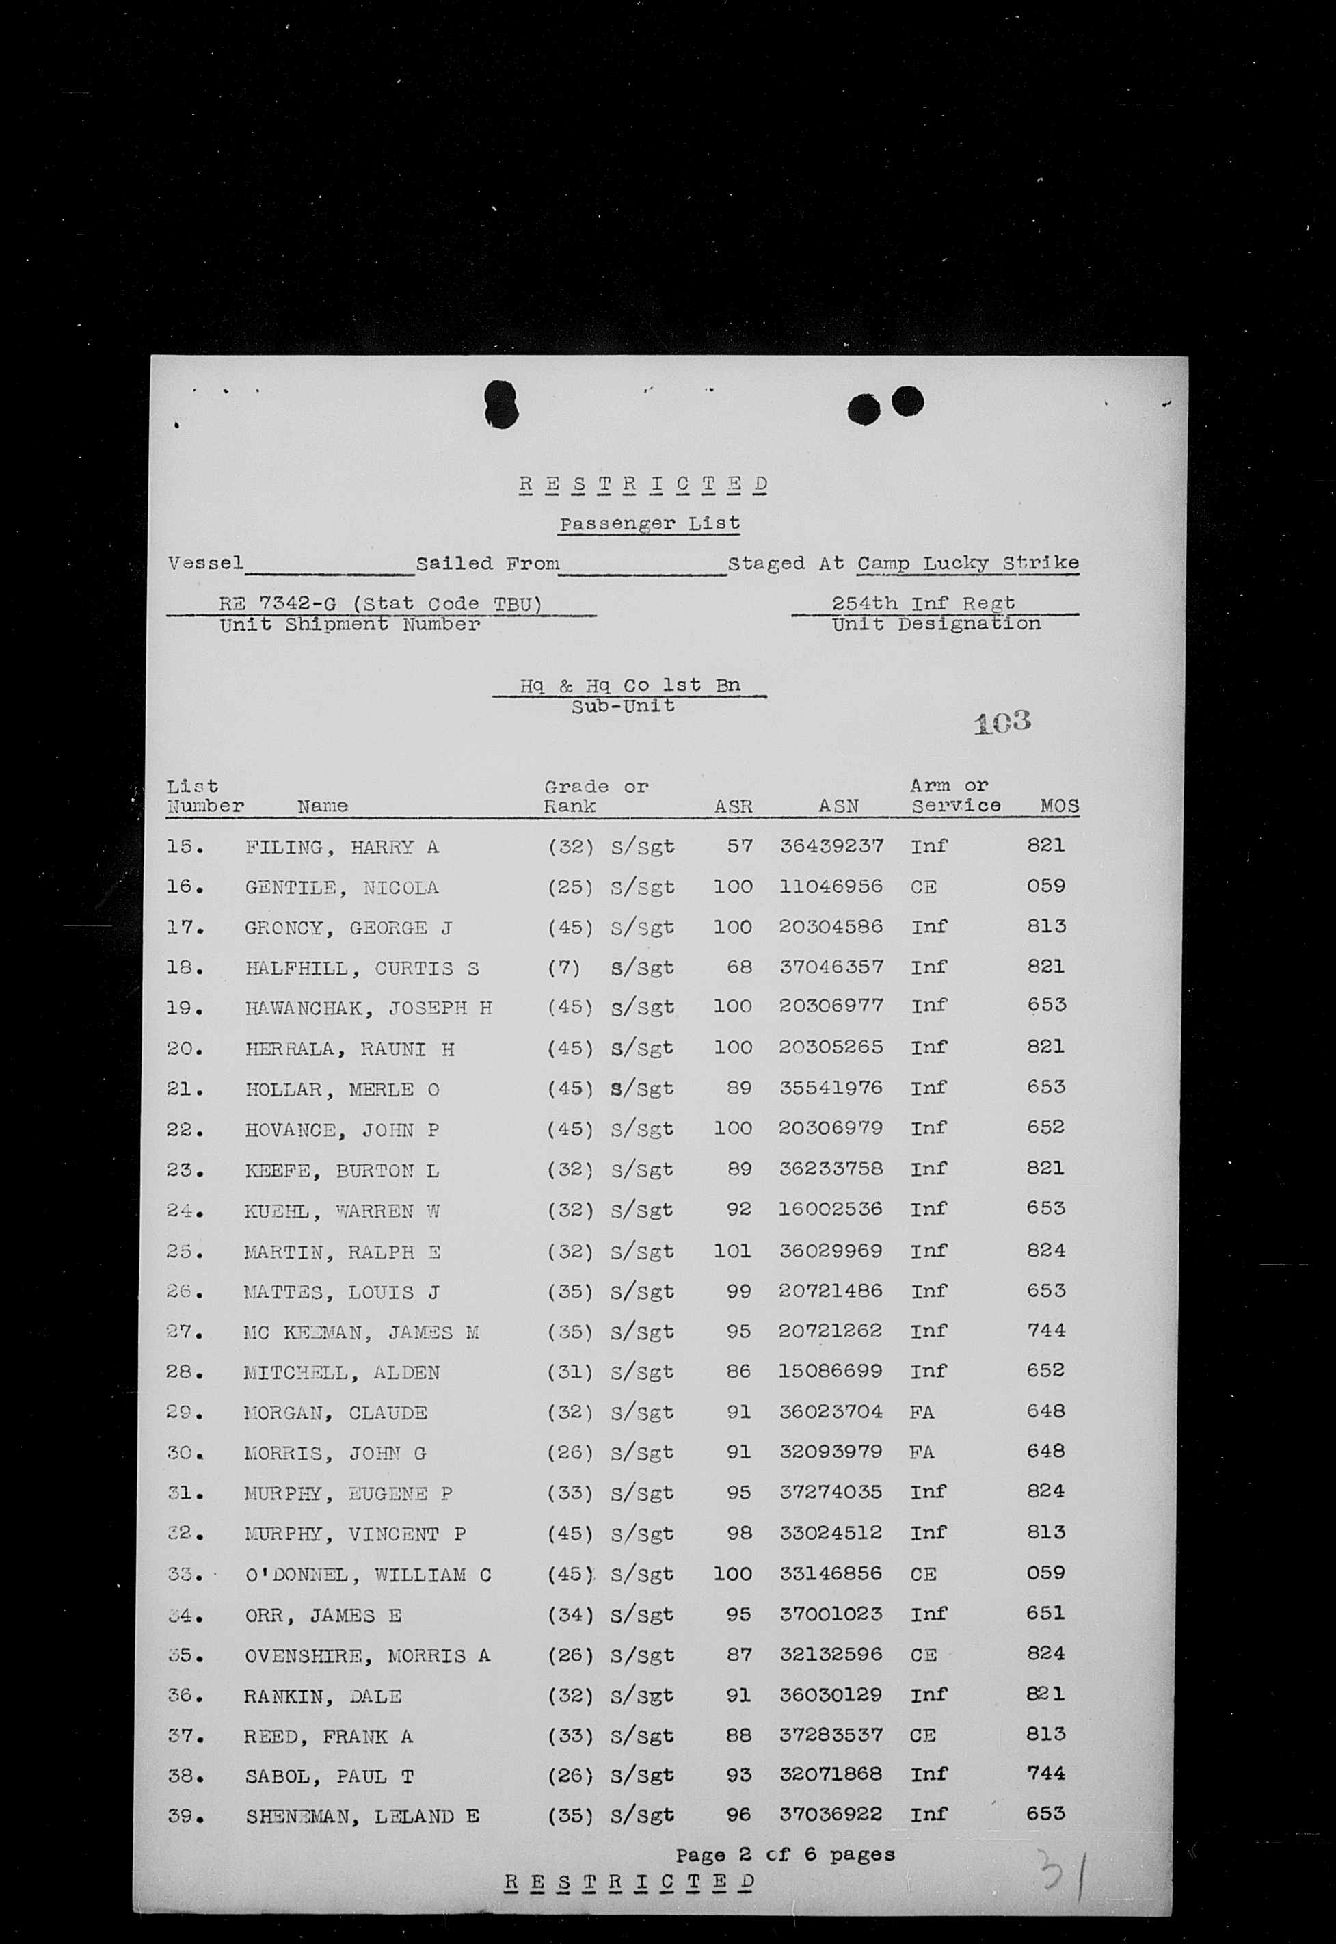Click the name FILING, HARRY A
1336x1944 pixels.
pos(342,848)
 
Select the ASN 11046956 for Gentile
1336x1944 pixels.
pos(831,886)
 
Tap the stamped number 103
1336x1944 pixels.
pos(1002,722)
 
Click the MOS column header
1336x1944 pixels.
pos(1059,806)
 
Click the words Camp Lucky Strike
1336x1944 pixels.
pos(967,564)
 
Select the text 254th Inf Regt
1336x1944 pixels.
pos(923,603)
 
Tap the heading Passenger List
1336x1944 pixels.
pos(650,524)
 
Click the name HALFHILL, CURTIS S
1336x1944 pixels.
pos(362,969)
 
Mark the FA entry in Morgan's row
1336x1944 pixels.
pos(922,1413)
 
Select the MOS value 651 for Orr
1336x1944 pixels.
pos(1045,1614)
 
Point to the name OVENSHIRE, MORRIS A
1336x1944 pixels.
pos(367,1656)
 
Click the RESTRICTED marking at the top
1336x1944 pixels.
pos(643,484)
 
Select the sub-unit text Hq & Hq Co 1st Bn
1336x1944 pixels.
pos(630,685)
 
